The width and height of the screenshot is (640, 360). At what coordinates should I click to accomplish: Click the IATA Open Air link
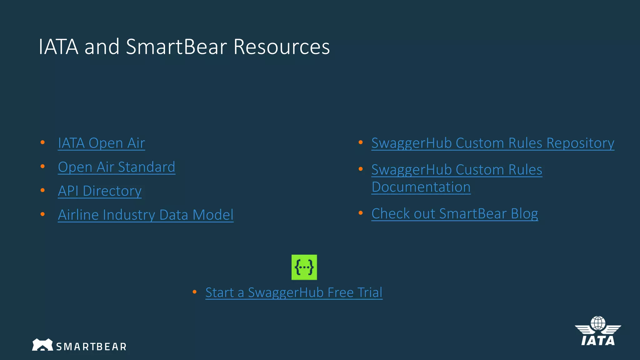(101, 143)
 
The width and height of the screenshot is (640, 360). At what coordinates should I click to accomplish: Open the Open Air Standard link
(117, 167)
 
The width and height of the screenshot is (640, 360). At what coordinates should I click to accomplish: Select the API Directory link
(100, 191)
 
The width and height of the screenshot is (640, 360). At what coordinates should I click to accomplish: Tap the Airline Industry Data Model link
(146, 215)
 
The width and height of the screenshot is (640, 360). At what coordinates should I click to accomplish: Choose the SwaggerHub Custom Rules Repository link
(492, 143)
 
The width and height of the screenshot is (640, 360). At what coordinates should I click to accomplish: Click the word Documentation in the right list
(421, 187)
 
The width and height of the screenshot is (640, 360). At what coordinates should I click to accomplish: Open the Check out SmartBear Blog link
(455, 214)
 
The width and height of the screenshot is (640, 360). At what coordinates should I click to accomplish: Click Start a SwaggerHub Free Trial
(294, 292)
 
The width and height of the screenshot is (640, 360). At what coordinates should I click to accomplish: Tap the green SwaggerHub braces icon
(304, 267)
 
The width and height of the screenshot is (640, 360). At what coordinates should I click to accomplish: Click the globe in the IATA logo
(598, 323)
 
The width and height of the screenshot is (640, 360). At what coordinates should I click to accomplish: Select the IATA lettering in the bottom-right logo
(598, 341)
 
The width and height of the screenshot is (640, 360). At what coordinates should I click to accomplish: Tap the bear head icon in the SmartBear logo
(42, 345)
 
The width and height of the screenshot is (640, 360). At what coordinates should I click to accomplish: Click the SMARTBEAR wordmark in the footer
(91, 347)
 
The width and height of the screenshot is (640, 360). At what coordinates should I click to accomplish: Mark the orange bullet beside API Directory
(43, 190)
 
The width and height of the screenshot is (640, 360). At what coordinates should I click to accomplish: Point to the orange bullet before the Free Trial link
(194, 292)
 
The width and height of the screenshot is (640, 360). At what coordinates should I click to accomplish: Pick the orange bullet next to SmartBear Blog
(361, 213)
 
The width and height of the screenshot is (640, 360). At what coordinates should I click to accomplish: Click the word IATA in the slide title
(58, 47)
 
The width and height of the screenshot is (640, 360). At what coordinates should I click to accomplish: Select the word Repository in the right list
(580, 143)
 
